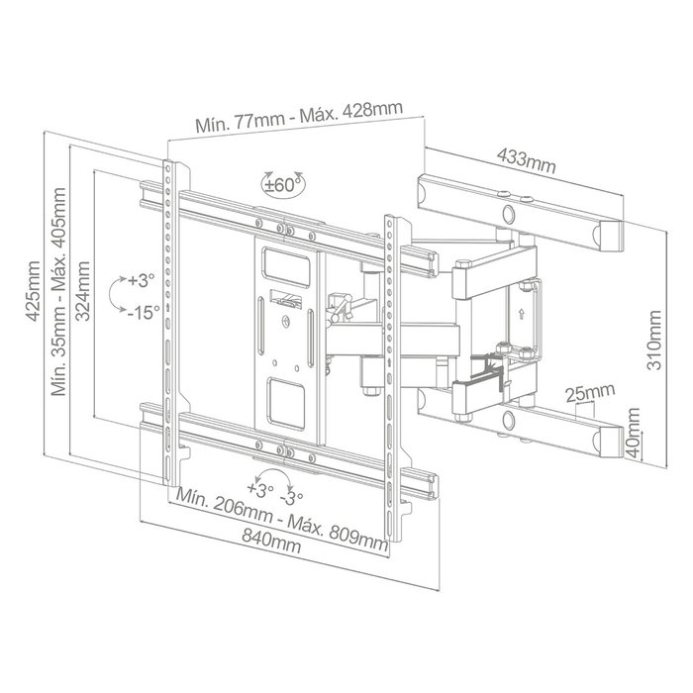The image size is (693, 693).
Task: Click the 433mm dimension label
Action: coord(526,160)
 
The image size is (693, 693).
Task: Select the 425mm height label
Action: coord(34,291)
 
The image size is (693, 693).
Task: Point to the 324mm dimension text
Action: coord(82,291)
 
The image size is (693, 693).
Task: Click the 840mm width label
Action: coord(271,541)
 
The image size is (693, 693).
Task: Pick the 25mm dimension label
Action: coord(590,392)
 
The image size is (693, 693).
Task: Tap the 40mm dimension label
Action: coord(634,434)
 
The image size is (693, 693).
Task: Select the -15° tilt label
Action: coord(144,313)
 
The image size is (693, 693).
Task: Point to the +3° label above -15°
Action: coord(142,280)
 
